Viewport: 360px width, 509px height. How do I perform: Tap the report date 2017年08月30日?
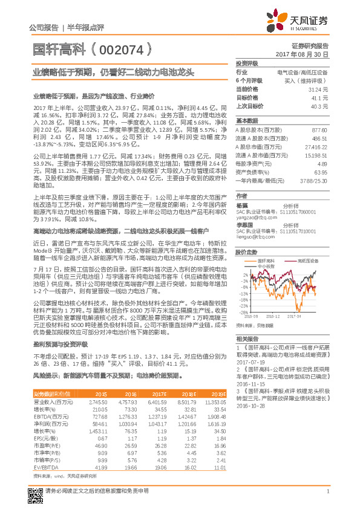tap(302, 54)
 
